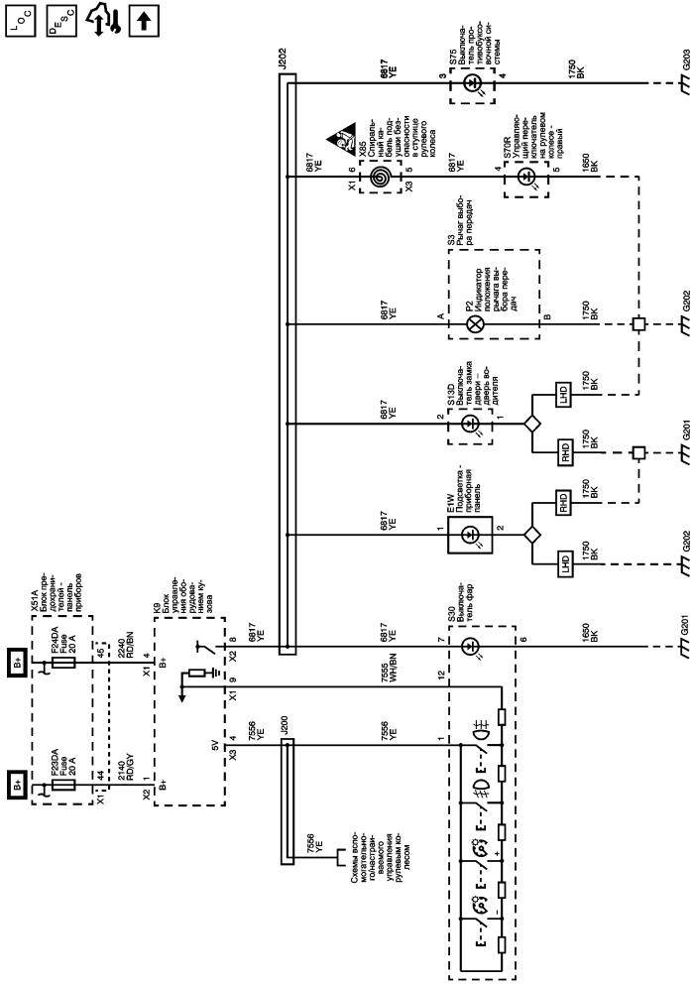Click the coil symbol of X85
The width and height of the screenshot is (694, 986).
pyautogui.click(x=379, y=177)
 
